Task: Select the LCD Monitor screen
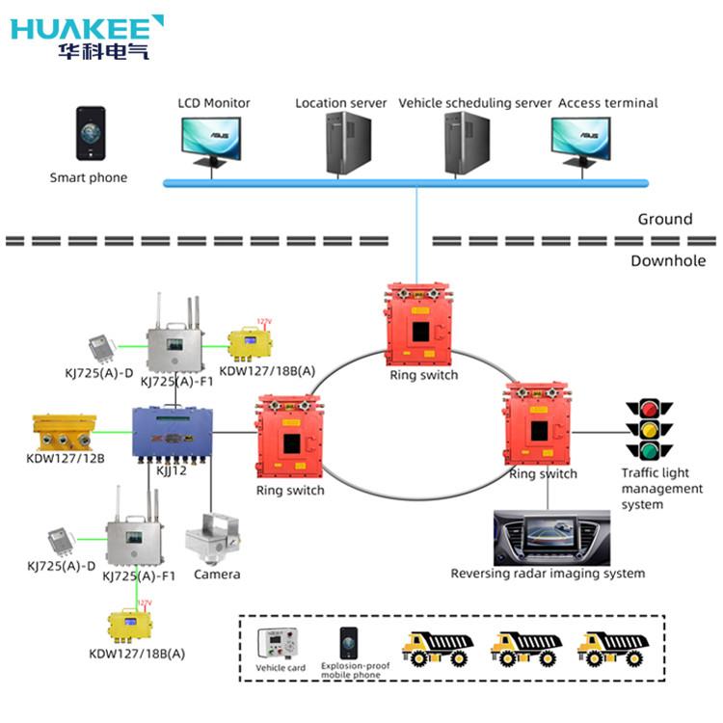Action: [x=211, y=136]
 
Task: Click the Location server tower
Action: [x=348, y=143]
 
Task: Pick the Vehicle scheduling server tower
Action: [x=467, y=143]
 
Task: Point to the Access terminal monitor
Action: [x=580, y=137]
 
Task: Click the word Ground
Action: [x=664, y=219]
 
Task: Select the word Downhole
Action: [x=668, y=260]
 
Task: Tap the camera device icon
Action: [x=213, y=538]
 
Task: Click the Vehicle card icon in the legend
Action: [x=281, y=645]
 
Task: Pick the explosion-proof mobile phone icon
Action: [x=348, y=643]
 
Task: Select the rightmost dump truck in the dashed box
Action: [x=610, y=649]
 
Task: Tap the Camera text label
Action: [x=217, y=575]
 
